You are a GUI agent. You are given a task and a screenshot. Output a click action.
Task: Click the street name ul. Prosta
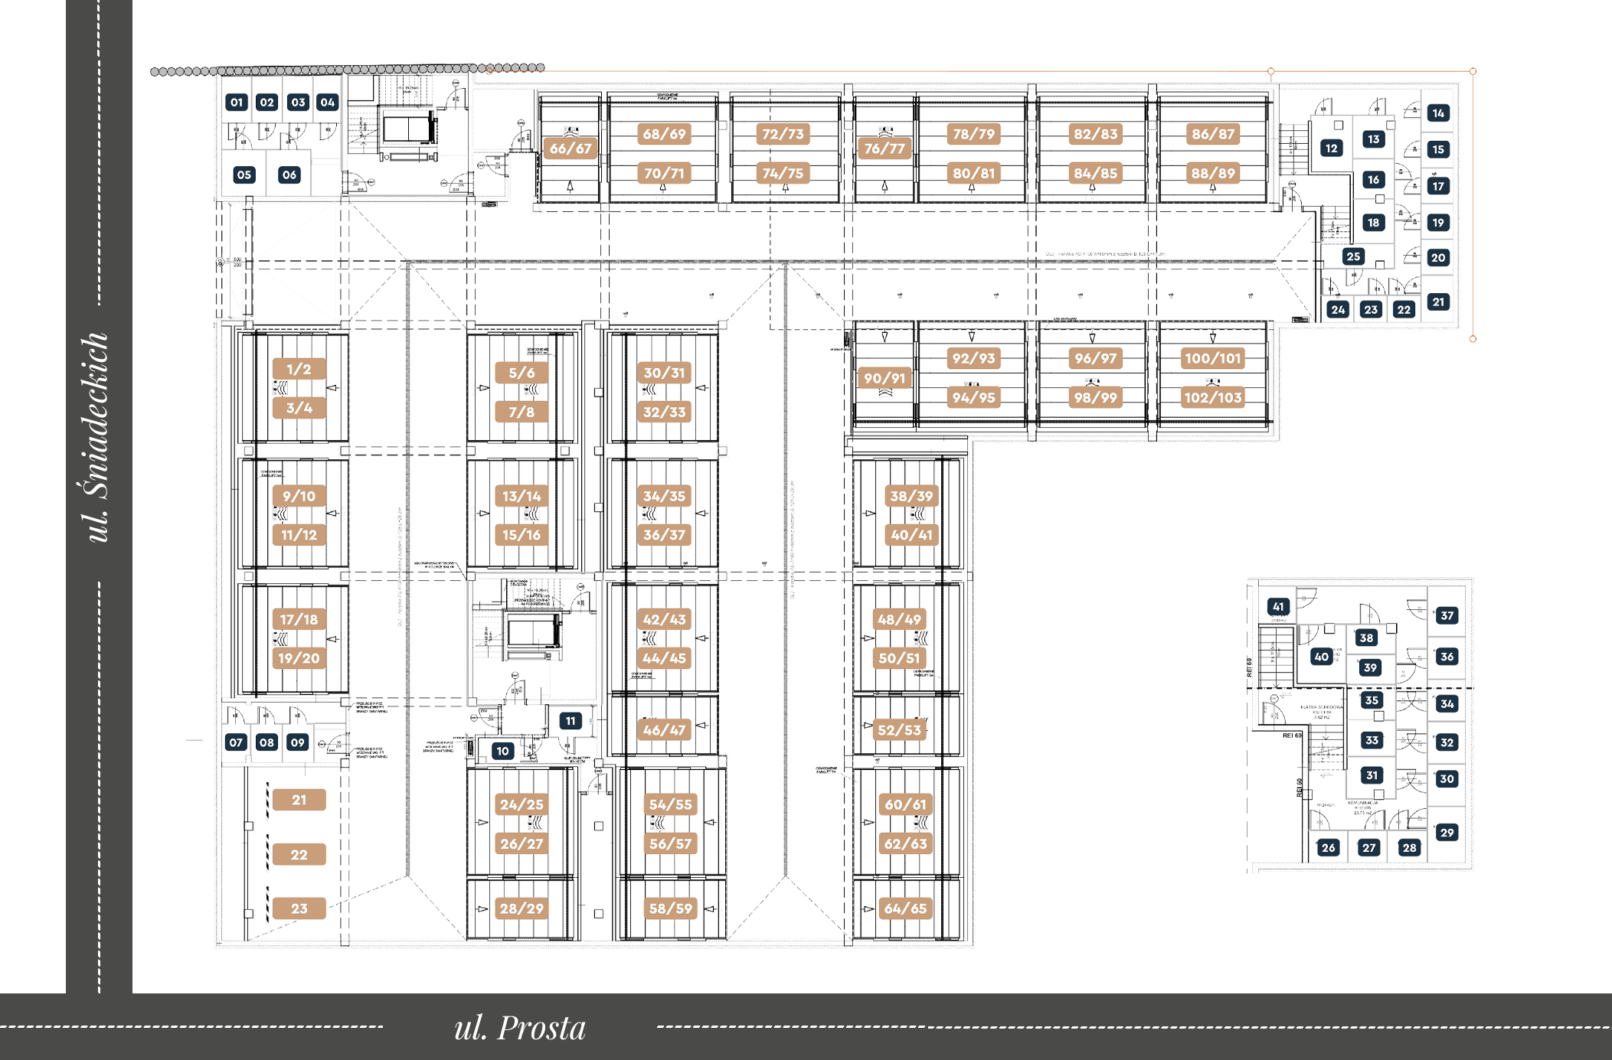pyautogui.click(x=520, y=1028)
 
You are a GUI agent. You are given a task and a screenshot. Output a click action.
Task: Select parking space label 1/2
pyautogui.click(x=299, y=369)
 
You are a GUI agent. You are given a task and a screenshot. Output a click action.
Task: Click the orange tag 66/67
pyautogui.click(x=571, y=148)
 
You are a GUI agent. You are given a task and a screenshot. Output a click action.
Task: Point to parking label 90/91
pyautogui.click(x=884, y=377)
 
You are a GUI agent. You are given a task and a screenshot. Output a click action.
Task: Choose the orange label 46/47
pyautogui.click(x=664, y=729)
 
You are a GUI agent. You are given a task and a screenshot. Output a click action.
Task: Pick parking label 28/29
pyautogui.click(x=522, y=908)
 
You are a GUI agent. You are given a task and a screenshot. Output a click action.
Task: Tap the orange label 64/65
pyautogui.click(x=905, y=908)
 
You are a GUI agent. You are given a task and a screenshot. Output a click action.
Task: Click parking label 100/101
pyautogui.click(x=1212, y=357)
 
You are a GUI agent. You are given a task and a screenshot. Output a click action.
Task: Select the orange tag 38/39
pyautogui.click(x=911, y=496)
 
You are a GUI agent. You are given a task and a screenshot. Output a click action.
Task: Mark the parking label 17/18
pyautogui.click(x=299, y=618)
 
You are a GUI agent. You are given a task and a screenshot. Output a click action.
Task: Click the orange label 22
pyautogui.click(x=299, y=854)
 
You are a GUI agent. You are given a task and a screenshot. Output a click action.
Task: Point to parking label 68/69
pyautogui.click(x=664, y=134)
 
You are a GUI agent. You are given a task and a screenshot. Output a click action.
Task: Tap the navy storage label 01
pyautogui.click(x=236, y=102)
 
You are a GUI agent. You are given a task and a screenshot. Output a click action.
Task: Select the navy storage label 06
pyautogui.click(x=289, y=174)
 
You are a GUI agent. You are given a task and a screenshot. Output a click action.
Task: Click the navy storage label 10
pyautogui.click(x=502, y=751)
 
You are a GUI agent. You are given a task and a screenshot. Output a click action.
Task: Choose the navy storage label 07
pyautogui.click(x=236, y=742)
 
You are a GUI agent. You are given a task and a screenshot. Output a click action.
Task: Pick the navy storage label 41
pyautogui.click(x=1277, y=607)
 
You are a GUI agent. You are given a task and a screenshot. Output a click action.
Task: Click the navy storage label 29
pyautogui.click(x=1446, y=832)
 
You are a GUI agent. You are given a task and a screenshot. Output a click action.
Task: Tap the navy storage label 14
pyautogui.click(x=1438, y=113)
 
